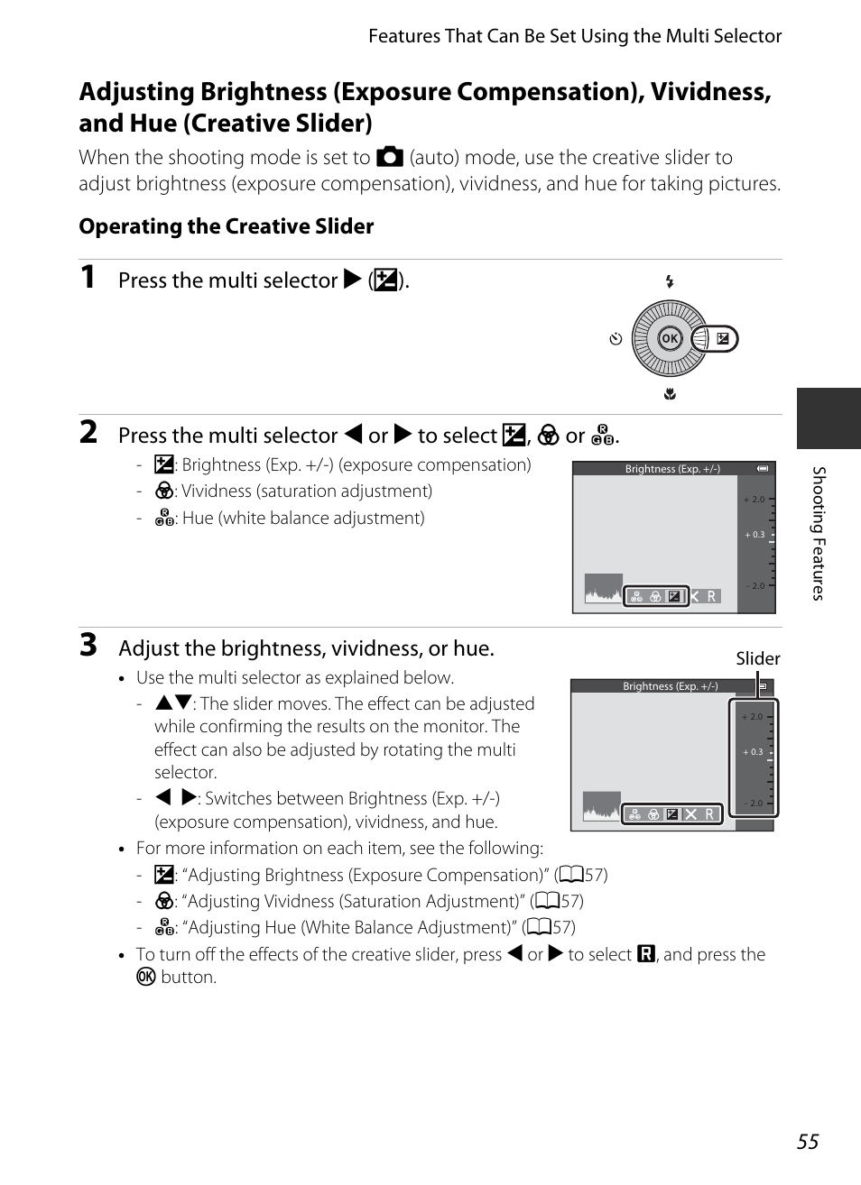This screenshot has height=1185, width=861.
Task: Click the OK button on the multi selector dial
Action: point(669,339)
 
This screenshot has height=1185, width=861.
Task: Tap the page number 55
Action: point(807,1141)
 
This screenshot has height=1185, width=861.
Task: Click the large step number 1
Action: point(88,277)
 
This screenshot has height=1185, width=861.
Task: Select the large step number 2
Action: point(88,432)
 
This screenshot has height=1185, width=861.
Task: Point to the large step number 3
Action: point(88,645)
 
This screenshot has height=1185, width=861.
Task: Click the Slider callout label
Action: point(757,658)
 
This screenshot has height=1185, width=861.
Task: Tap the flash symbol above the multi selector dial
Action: point(669,282)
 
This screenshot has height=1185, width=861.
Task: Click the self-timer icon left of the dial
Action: point(616,340)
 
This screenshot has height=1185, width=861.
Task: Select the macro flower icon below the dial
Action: point(669,394)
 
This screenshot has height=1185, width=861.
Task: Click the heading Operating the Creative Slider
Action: point(226,226)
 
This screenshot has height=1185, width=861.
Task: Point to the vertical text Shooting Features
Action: point(819,533)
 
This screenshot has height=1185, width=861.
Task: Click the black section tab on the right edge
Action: point(828,418)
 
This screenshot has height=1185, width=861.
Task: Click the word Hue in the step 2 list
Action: point(198,519)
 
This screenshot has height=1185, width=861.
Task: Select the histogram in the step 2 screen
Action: point(604,588)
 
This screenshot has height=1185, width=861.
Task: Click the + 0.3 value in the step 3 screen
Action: point(753,752)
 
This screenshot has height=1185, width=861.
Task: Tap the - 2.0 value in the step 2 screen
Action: point(755,586)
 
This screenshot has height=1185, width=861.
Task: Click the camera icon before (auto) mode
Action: point(389,157)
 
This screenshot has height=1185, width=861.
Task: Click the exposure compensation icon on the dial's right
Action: point(722,339)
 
